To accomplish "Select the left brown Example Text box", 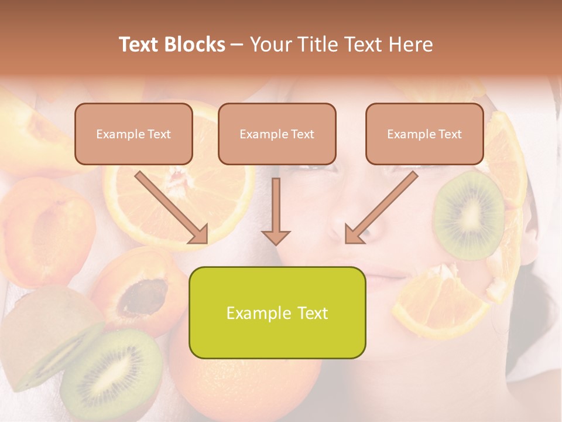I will pyautogui.click(x=133, y=134).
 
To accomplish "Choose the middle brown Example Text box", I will pyautogui.click(x=277, y=134).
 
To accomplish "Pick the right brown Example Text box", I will pyautogui.click(x=424, y=134).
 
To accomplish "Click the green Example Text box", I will pyautogui.click(x=277, y=312).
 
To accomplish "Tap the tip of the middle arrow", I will pyautogui.click(x=276, y=241).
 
